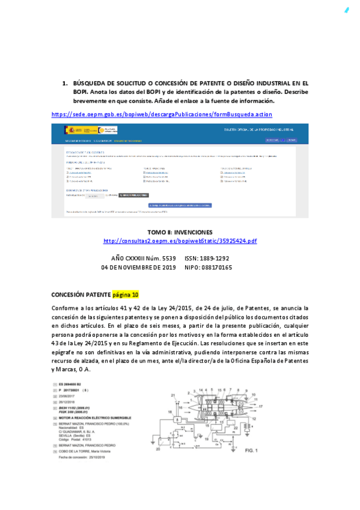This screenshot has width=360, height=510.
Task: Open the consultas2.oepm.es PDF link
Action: click(x=180, y=241)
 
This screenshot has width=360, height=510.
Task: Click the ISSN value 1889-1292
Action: click(x=215, y=258)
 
